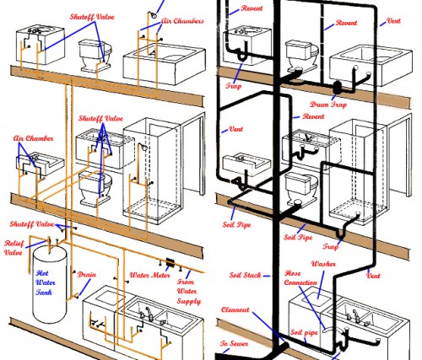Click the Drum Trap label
click(328, 105)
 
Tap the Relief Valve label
click(14, 248)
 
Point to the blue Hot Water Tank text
click(46, 282)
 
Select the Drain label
click(87, 275)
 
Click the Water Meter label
click(149, 275)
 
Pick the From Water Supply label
click(189, 291)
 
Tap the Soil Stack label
click(245, 275)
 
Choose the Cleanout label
click(235, 309)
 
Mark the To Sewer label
click(234, 343)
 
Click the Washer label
click(323, 264)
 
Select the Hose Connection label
click(300, 277)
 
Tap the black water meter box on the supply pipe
click(170, 263)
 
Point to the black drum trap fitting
click(337, 88)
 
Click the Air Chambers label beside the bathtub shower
click(182, 21)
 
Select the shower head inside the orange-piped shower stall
click(143, 148)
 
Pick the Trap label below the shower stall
click(330, 246)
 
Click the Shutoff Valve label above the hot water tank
click(32, 224)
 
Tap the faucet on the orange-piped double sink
click(149, 314)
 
